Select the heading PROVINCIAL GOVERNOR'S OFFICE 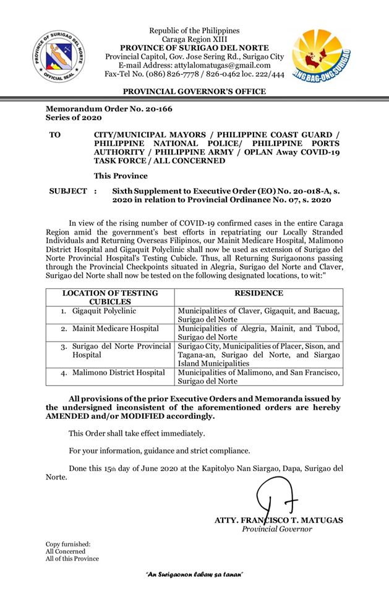tap(194, 92)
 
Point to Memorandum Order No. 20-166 tap(109, 109)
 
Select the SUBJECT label tap(68, 191)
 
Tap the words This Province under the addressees tap(121, 176)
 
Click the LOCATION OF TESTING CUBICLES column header tap(110, 297)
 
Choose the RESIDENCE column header tap(259, 293)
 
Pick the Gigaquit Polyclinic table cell tap(103, 311)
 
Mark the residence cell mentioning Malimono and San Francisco tap(259, 377)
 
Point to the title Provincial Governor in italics tap(277, 529)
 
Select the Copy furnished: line tap(68, 544)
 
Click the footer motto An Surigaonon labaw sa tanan tap(194, 575)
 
